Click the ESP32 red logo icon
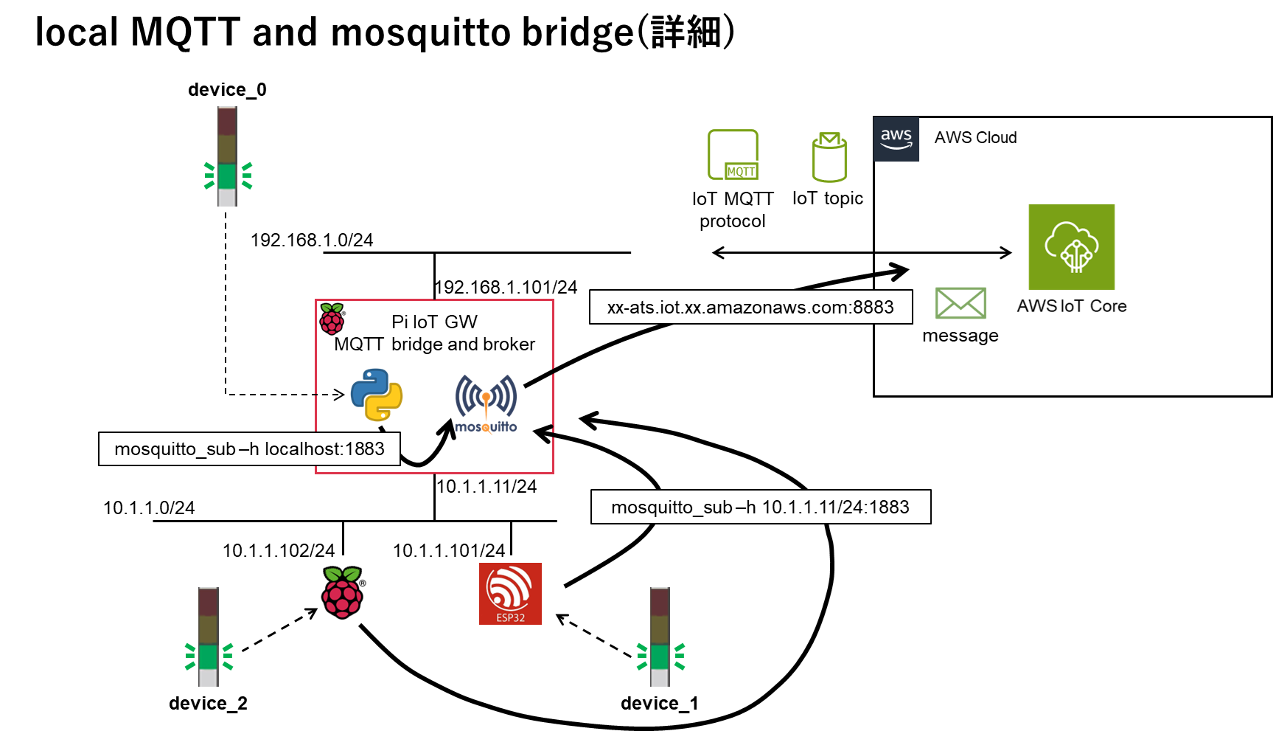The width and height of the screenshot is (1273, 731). click(x=510, y=594)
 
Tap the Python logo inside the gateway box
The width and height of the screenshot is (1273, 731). click(x=377, y=395)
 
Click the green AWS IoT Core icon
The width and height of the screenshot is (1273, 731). click(x=1071, y=247)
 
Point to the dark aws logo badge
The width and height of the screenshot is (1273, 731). click(x=896, y=139)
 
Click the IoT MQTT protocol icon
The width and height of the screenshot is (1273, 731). click(x=733, y=155)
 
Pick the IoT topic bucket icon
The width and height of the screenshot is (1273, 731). click(x=829, y=157)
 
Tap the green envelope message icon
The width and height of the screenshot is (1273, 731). click(x=960, y=303)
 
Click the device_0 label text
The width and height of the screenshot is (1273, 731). click(x=227, y=90)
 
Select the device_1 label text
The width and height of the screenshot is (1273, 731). click(x=659, y=704)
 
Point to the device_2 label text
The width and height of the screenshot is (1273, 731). click(x=208, y=704)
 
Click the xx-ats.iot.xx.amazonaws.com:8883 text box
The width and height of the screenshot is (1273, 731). click(x=750, y=307)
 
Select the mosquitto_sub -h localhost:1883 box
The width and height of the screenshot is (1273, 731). click(x=249, y=448)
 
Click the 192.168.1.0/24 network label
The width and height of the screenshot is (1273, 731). click(x=312, y=240)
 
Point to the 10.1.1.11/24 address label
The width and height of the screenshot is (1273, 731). click(x=486, y=487)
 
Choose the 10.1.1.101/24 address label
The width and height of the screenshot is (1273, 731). click(x=449, y=551)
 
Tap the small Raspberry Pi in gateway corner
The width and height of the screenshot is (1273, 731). click(x=332, y=319)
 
